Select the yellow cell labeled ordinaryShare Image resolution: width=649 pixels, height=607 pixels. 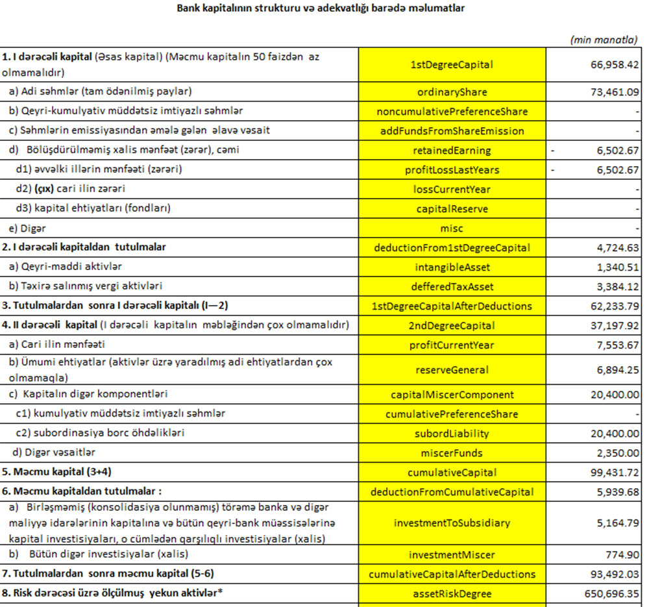[452, 92]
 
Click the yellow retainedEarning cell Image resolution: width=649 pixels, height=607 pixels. [452, 151]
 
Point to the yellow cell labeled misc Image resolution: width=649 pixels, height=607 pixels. [452, 229]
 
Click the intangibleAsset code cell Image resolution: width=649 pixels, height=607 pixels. [452, 267]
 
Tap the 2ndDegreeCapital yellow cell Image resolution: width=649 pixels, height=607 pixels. [452, 325]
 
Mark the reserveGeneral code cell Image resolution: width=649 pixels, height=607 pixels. [452, 370]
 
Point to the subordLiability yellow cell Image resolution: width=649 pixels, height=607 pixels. [452, 434]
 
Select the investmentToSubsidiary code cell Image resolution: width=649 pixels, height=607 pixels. [452, 523]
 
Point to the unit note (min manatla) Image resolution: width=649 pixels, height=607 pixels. [603, 40]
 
